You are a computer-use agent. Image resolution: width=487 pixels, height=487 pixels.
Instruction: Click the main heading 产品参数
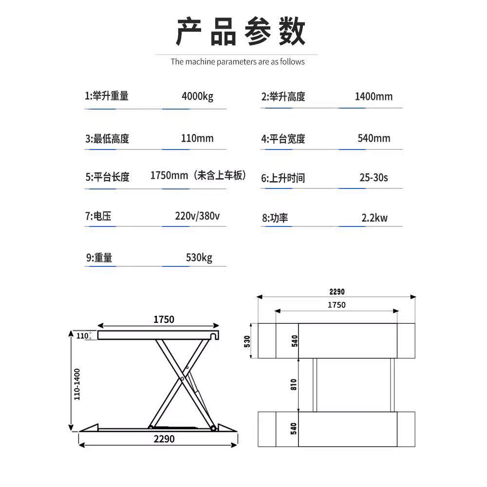click(241, 32)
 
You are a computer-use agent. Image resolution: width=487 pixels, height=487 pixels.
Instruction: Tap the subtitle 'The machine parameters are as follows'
click(238, 62)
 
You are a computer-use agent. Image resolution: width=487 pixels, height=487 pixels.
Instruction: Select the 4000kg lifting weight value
click(197, 96)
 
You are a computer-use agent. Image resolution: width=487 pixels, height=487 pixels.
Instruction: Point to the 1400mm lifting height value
click(374, 96)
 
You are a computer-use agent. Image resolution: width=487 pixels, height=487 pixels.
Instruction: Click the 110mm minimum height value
click(197, 138)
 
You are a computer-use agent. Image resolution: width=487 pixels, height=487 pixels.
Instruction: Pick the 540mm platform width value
click(374, 138)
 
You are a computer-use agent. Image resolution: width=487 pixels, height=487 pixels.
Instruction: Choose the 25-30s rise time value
click(374, 178)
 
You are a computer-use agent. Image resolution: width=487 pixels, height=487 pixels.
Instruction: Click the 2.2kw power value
click(374, 218)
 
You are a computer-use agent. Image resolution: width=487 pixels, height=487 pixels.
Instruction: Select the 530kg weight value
click(199, 257)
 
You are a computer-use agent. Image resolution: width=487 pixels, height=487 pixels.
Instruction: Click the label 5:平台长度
click(108, 177)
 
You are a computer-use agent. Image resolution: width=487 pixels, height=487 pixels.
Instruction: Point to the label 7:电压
click(98, 216)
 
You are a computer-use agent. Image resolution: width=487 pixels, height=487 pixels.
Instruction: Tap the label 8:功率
click(275, 218)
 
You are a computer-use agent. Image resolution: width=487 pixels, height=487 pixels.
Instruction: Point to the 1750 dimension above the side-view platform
click(164, 319)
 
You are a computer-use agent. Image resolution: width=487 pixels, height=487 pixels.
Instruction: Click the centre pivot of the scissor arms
click(181, 378)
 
